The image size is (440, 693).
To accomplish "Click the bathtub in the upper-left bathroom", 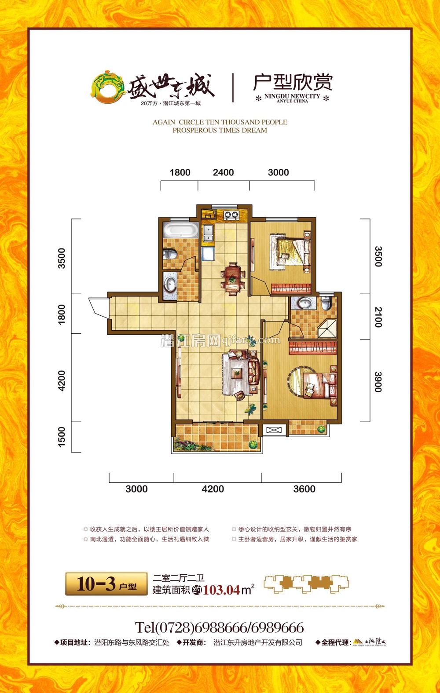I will (179, 231).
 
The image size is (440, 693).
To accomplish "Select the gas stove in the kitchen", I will (231, 215).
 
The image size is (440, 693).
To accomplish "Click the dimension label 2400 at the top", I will (223, 172).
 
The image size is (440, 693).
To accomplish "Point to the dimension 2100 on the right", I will (378, 317).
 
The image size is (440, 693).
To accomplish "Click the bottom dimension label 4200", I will (213, 489).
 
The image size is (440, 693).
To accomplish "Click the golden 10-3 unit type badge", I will (106, 584).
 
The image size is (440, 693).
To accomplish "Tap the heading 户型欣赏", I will (293, 82).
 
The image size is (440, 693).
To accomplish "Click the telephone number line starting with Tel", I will (219, 627).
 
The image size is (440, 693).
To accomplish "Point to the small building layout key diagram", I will (306, 584).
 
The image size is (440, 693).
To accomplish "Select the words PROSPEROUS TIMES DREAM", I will (220, 130).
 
